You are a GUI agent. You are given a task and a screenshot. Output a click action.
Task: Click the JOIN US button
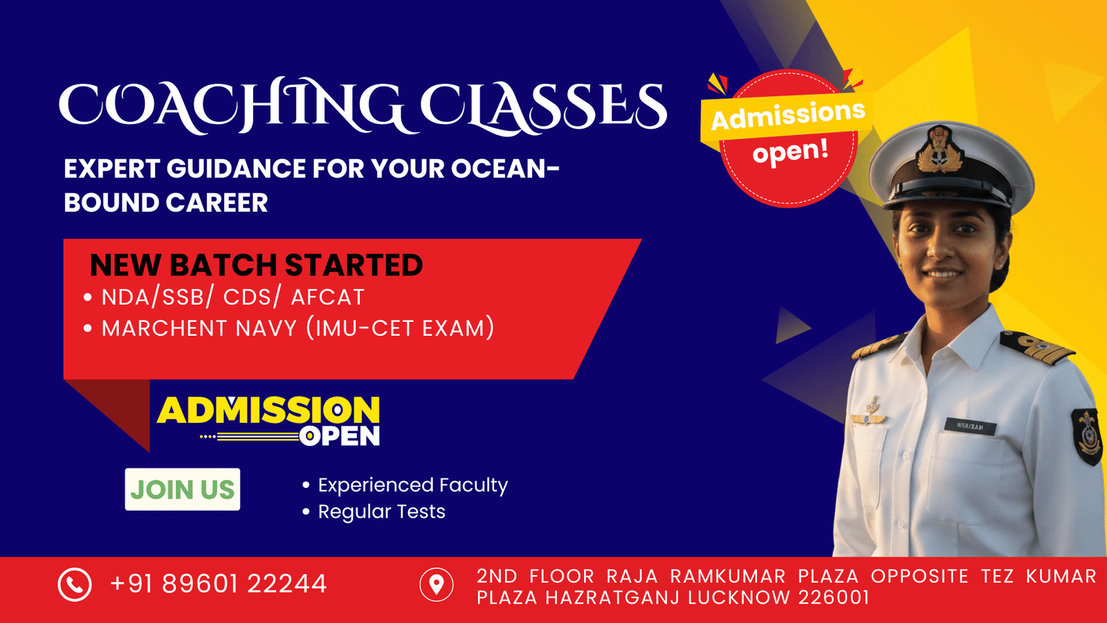183,489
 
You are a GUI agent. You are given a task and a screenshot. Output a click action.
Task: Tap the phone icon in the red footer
75,584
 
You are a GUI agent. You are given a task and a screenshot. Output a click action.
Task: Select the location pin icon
437,584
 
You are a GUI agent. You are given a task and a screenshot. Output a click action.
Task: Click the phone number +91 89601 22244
219,584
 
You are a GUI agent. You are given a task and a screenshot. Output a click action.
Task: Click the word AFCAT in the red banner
328,297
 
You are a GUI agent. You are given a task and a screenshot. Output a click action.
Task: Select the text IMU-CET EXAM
400,328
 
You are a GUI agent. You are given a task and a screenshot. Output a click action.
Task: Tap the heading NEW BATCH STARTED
256,264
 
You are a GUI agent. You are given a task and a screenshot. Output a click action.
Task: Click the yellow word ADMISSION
268,410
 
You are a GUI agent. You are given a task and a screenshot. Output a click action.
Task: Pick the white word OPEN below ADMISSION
340,437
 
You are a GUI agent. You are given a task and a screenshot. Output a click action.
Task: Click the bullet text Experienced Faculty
412,485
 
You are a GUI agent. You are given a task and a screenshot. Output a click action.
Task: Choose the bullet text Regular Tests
381,512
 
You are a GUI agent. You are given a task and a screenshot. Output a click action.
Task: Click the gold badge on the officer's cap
939,149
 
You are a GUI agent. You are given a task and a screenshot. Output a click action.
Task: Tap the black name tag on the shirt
970,426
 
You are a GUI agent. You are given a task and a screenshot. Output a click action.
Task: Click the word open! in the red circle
790,151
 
